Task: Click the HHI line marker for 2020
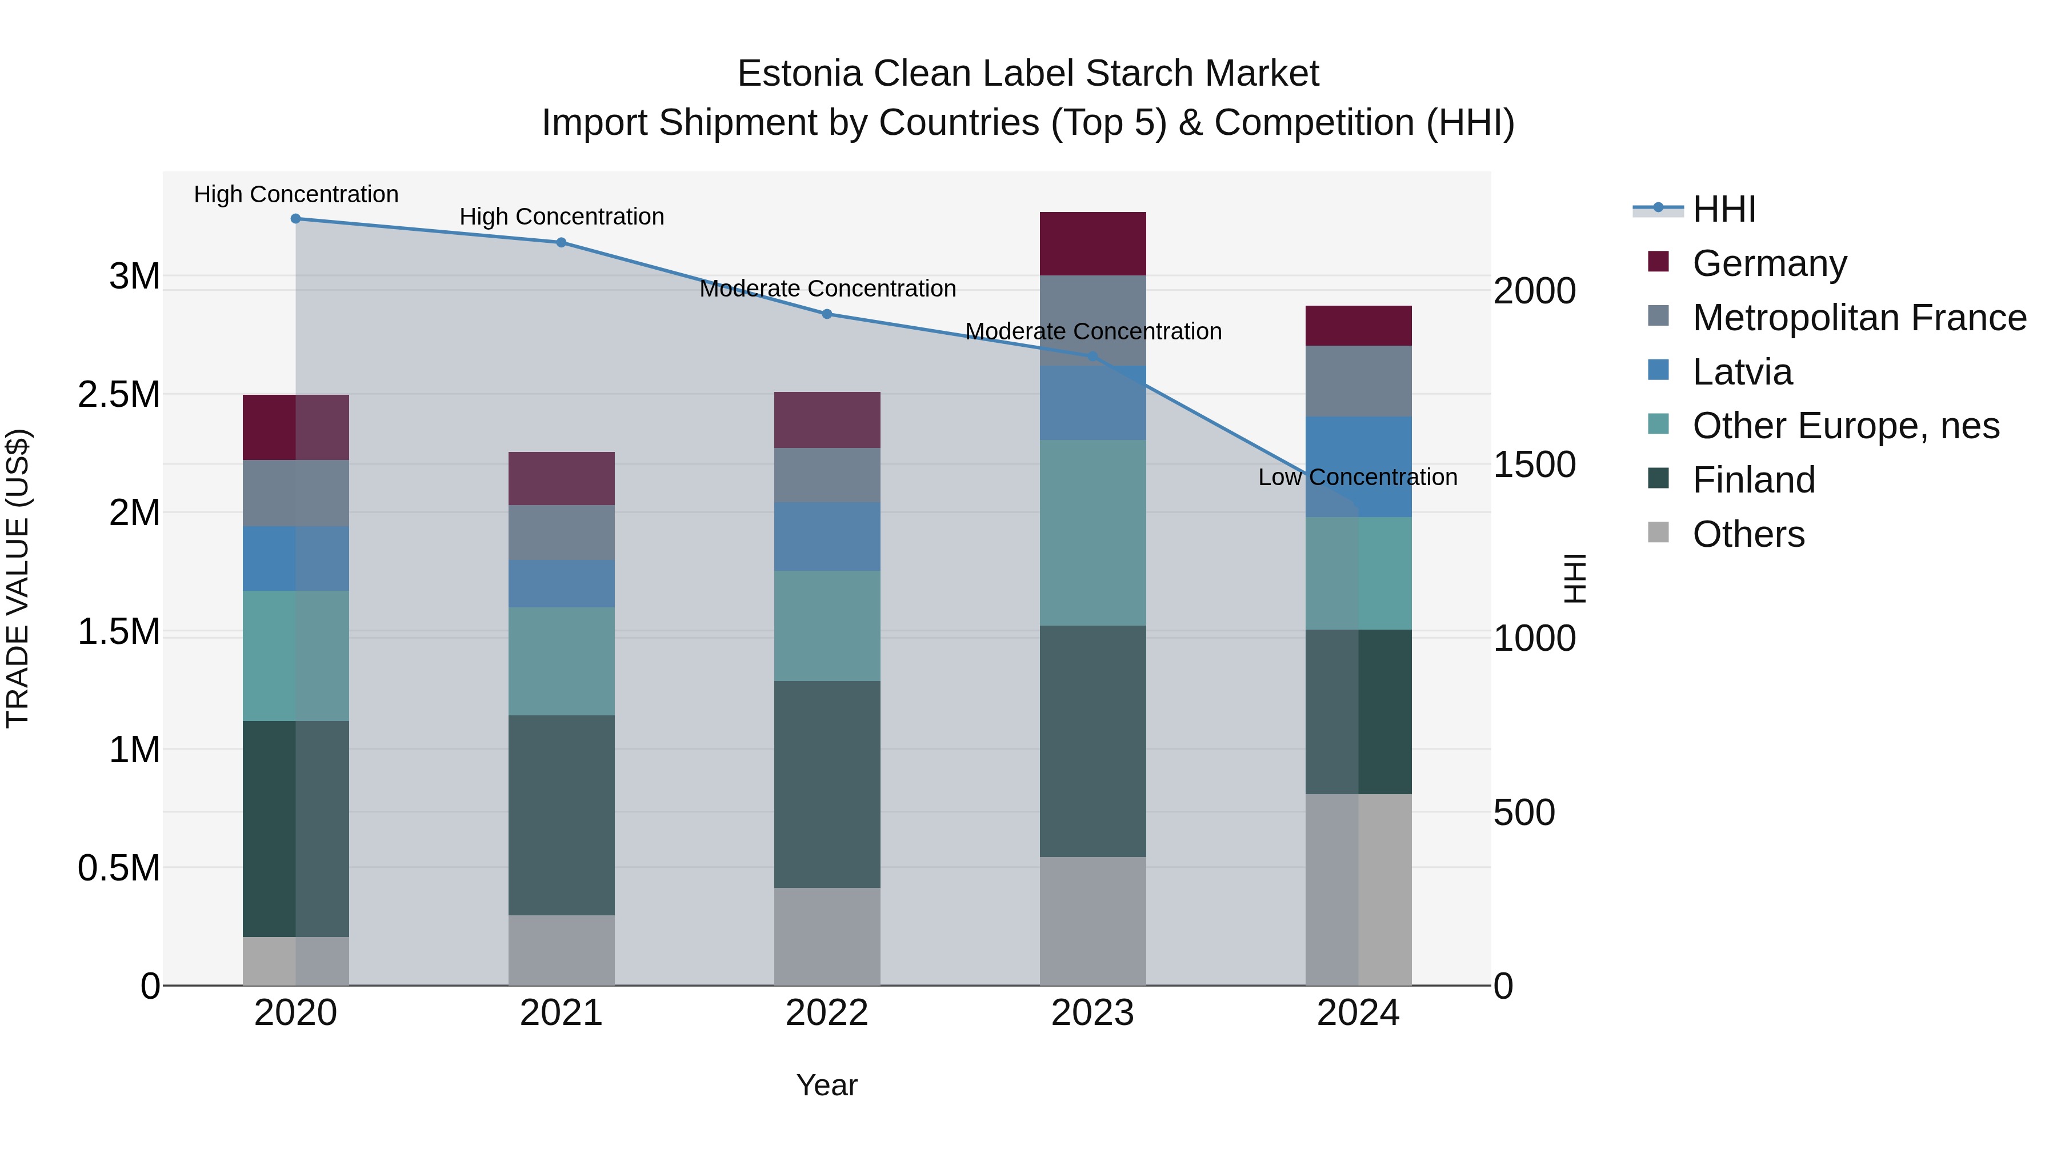[295, 219]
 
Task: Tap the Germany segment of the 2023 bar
[1092, 243]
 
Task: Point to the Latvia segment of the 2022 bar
[827, 536]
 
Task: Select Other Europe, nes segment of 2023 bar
[1092, 533]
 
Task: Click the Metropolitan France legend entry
[1859, 318]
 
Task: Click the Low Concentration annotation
[1358, 478]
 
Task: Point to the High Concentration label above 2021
[561, 217]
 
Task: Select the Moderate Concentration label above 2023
[1092, 331]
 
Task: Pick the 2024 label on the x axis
[1358, 1013]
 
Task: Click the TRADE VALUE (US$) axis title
[18, 578]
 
